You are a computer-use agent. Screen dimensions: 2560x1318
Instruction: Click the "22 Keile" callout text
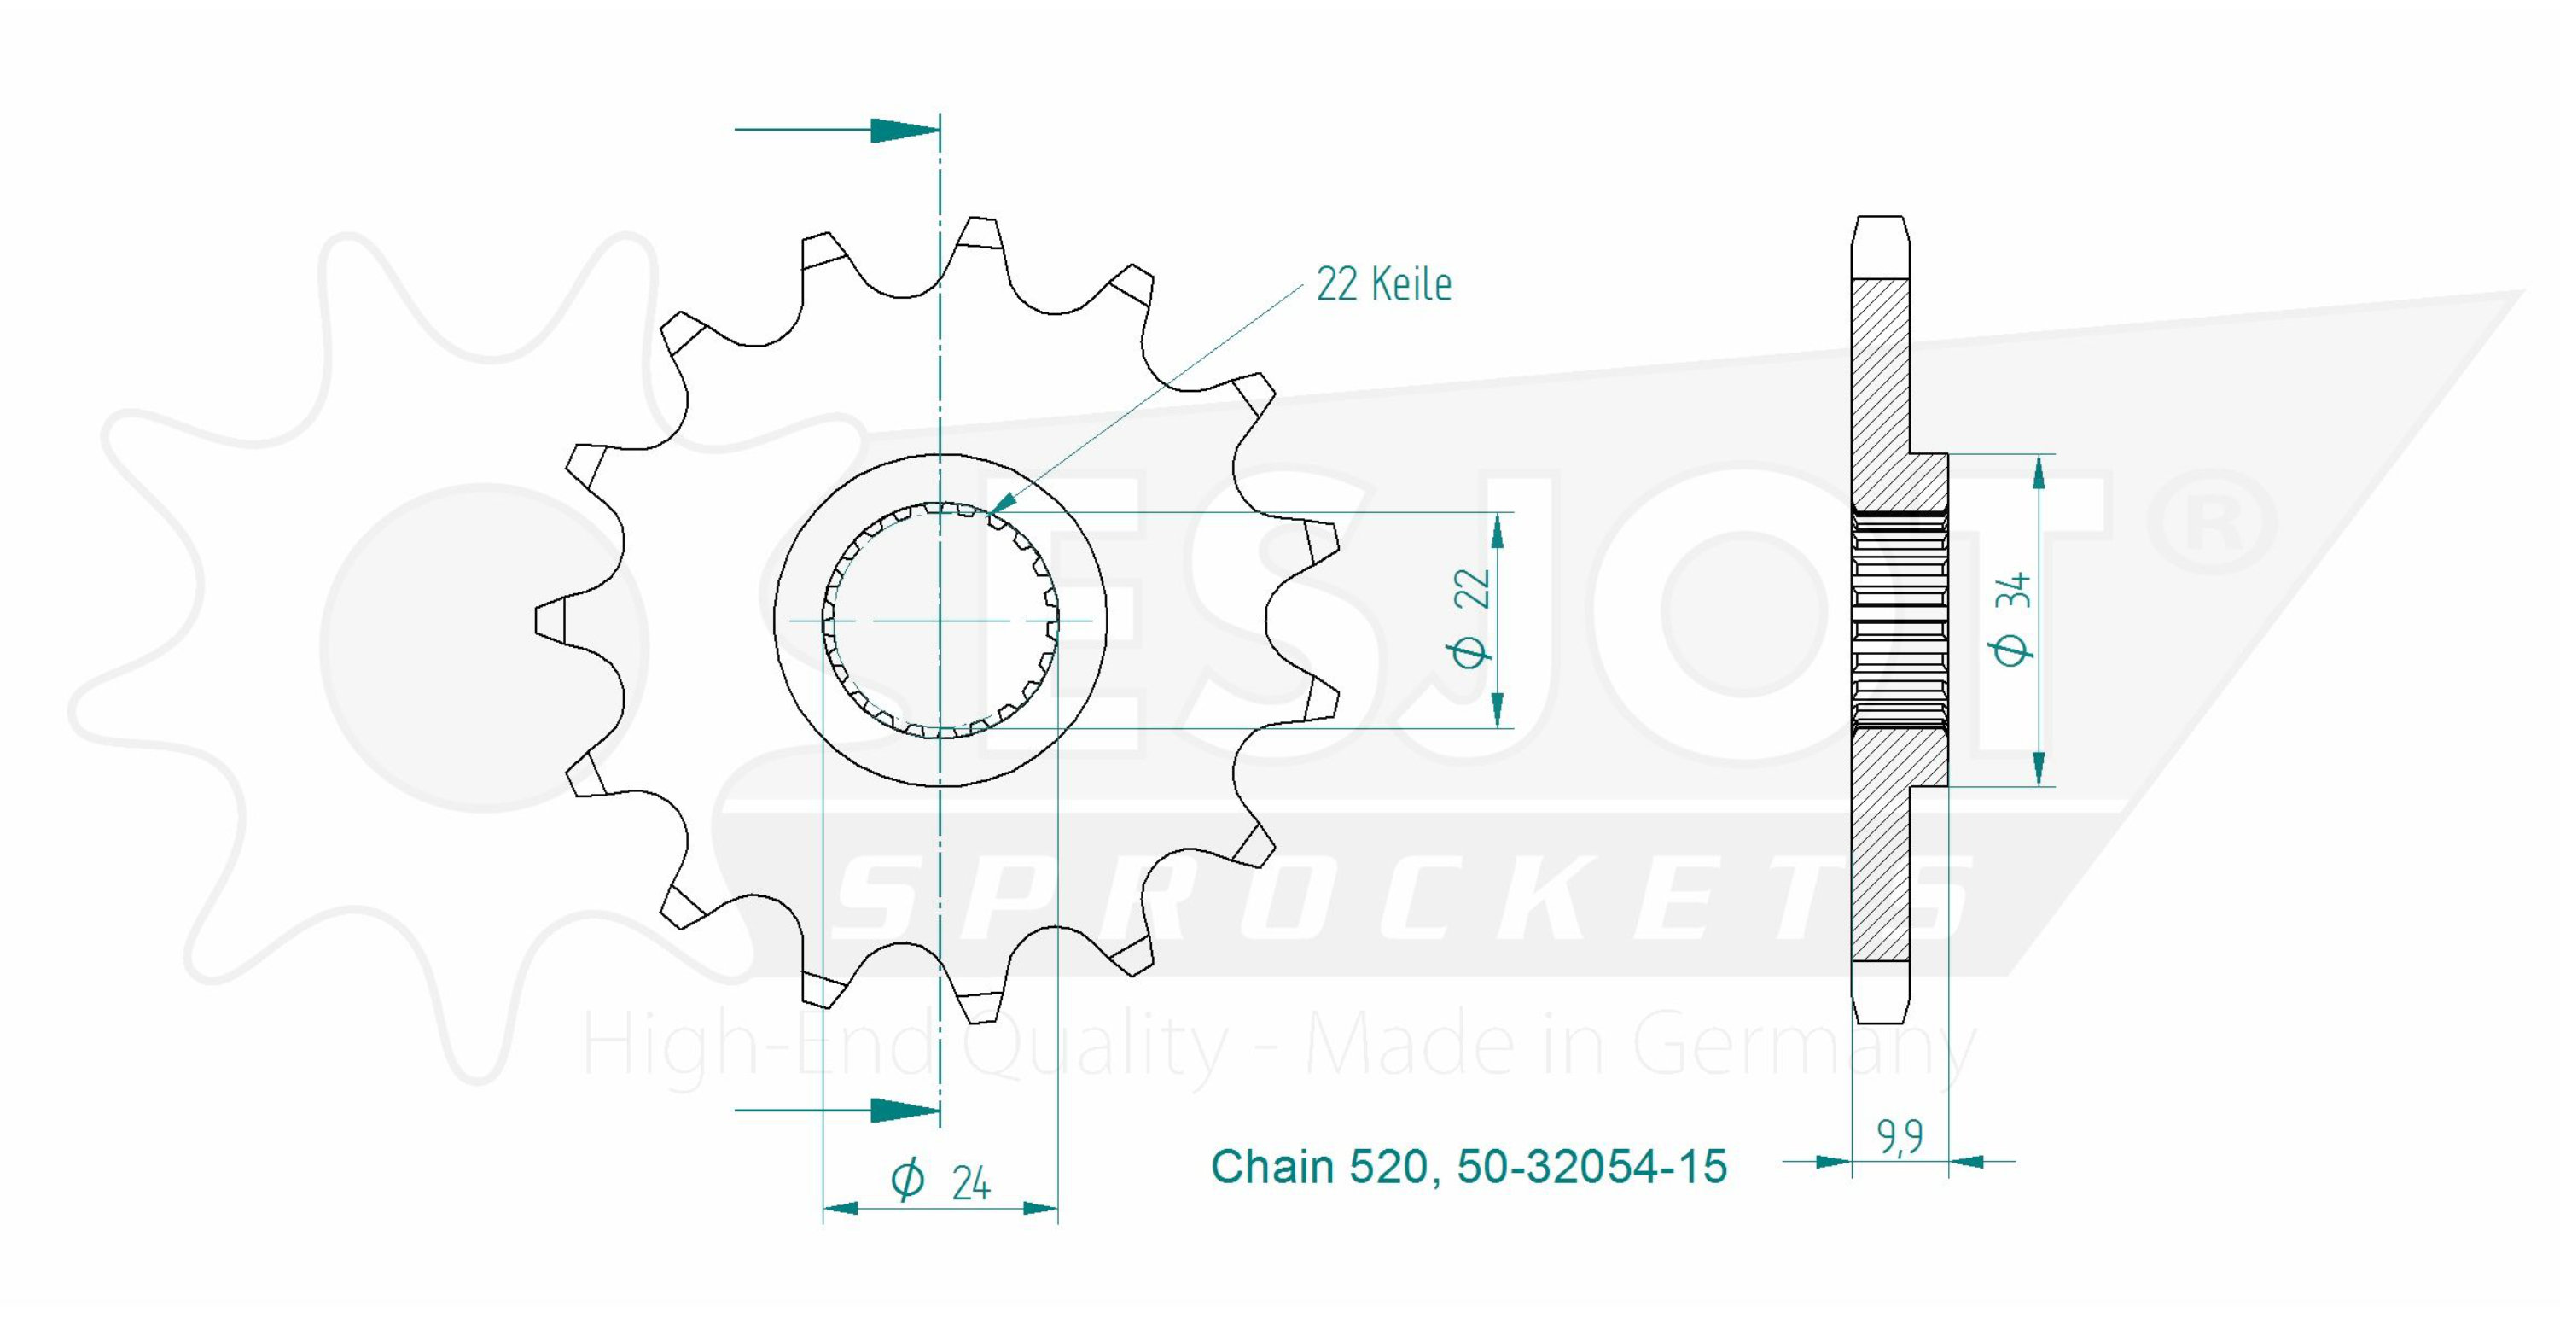pyautogui.click(x=1383, y=284)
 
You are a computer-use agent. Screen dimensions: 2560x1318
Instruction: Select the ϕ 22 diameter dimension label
pyautogui.click(x=1471, y=618)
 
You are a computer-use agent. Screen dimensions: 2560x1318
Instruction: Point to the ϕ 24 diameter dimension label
pyautogui.click(x=940, y=1181)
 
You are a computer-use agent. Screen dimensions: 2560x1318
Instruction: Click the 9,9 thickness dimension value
pyautogui.click(x=1900, y=1137)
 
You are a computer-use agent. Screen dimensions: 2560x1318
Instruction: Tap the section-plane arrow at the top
pyautogui.click(x=837, y=129)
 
